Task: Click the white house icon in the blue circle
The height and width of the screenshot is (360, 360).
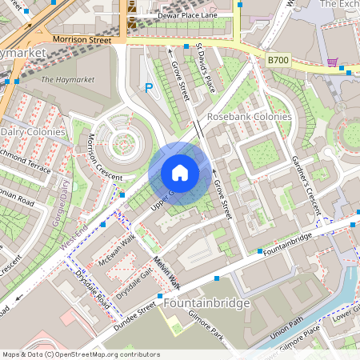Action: coord(180,173)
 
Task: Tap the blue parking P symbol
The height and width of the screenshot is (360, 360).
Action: coord(148,88)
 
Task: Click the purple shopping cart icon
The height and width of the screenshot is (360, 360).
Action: coord(332,62)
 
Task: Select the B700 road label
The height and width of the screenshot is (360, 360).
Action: coord(278,59)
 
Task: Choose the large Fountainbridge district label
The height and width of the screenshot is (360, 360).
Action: coord(206,304)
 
